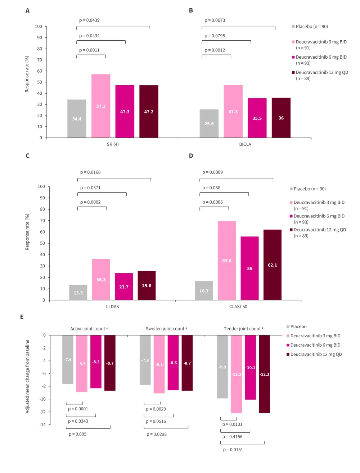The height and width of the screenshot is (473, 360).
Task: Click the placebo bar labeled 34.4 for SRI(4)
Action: (x=77, y=118)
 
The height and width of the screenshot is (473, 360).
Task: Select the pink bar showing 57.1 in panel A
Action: (x=101, y=106)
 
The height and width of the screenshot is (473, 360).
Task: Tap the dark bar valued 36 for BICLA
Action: (x=281, y=118)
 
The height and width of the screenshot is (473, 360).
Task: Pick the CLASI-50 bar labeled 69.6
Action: (x=227, y=260)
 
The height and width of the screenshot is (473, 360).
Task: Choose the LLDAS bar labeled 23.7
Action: (x=124, y=287)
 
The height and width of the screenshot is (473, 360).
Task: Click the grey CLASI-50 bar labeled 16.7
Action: (x=204, y=290)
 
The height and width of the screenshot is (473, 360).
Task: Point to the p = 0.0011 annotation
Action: (x=89, y=50)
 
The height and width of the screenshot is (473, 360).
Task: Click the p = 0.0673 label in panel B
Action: (x=215, y=21)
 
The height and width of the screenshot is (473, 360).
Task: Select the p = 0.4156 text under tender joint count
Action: (x=232, y=437)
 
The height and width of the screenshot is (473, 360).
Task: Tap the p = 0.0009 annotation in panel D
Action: (x=212, y=172)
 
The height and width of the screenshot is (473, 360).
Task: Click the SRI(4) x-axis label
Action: (x=113, y=144)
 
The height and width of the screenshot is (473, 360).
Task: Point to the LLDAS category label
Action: (x=112, y=307)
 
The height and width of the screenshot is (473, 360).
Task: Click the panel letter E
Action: (x=22, y=317)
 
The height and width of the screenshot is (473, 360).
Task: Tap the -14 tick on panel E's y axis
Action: (x=43, y=425)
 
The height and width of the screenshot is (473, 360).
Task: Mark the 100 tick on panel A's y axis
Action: (x=39, y=27)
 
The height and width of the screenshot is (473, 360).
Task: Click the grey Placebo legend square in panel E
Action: (x=288, y=327)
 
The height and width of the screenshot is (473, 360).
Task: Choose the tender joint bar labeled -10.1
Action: (x=250, y=367)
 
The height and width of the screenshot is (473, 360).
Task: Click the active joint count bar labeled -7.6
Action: (x=68, y=359)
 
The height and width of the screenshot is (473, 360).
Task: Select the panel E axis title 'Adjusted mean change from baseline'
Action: (x=27, y=377)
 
